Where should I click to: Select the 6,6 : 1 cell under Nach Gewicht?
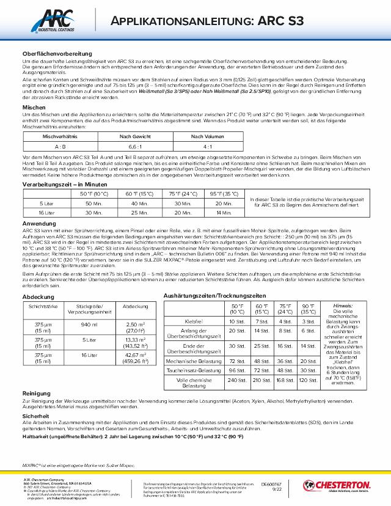127,147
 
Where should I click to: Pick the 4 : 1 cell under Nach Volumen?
199,147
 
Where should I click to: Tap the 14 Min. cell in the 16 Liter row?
224,212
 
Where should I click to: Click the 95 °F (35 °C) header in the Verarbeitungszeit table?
224,194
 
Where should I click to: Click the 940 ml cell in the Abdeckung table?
89,324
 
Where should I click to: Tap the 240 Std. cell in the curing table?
236,380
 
